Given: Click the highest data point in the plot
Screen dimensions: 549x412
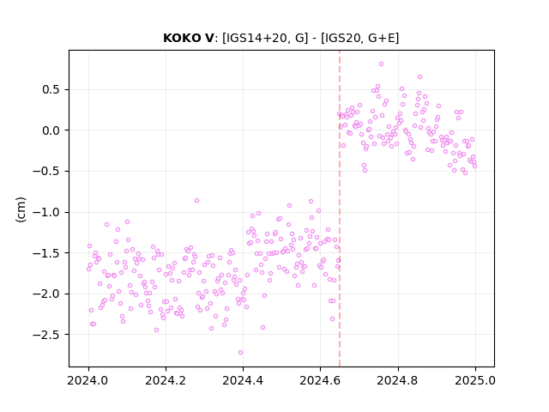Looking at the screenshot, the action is click(x=381, y=64).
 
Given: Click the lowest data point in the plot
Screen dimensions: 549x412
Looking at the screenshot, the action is click(x=240, y=353).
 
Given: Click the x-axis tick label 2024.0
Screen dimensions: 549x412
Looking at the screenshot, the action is click(x=88, y=380).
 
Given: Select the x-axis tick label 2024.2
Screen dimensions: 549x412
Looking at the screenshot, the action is click(x=166, y=380).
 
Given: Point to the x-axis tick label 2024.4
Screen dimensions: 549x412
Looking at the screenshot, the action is click(x=243, y=380).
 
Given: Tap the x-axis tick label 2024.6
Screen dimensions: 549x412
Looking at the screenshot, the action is click(x=320, y=380).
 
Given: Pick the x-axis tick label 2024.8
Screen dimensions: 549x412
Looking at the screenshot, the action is click(x=398, y=380).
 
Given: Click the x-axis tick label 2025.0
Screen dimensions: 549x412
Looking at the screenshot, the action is click(x=475, y=380).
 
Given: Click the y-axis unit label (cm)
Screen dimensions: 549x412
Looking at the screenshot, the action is click(x=21, y=209).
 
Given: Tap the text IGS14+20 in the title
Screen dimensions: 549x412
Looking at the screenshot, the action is click(x=256, y=38).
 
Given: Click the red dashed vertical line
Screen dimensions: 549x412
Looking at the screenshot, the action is click(x=340, y=209).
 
